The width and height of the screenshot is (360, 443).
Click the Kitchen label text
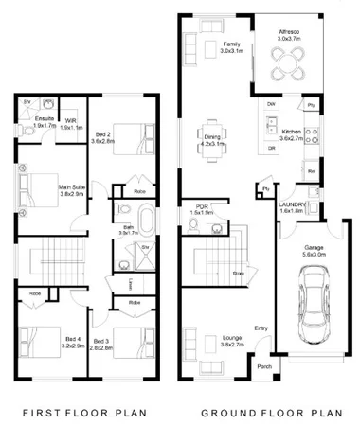click(x=290, y=133)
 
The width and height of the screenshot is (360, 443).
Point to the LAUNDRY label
click(x=292, y=207)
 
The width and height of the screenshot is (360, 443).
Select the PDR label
click(x=202, y=210)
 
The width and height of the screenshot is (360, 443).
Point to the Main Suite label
click(x=73, y=189)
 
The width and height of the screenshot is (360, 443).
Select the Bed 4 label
click(x=46, y=343)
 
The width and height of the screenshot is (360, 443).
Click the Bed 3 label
click(x=101, y=343)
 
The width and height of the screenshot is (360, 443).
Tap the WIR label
click(x=71, y=122)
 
